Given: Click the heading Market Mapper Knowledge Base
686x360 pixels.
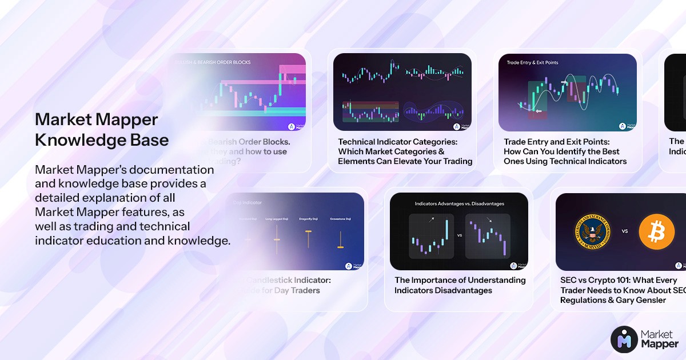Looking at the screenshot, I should point(102,130).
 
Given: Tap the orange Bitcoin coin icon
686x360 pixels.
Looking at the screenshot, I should point(657,231).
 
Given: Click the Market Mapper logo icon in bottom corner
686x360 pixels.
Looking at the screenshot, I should point(624,339).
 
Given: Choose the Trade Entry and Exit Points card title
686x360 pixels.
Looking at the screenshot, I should point(565,151).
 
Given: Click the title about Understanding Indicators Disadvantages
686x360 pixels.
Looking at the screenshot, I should point(460,285).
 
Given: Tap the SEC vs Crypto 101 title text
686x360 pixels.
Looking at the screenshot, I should point(622,290).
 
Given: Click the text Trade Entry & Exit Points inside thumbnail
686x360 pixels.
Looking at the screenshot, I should point(532,62).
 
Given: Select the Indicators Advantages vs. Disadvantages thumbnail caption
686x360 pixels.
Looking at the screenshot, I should point(459,203).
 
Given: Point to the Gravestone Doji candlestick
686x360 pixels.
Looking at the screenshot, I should point(340,239).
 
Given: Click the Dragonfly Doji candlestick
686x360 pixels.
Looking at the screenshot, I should point(308,238).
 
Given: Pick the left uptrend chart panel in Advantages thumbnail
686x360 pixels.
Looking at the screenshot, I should point(432,235).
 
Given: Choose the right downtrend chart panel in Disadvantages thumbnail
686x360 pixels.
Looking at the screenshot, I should point(487,235).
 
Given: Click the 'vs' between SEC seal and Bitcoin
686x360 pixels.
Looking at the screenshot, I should point(625,231).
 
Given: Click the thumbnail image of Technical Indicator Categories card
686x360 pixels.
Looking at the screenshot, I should point(402,92).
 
